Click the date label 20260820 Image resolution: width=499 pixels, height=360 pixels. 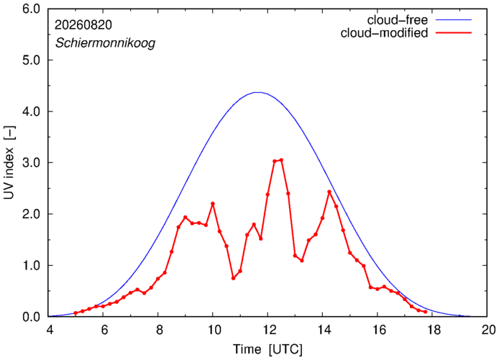(83, 25)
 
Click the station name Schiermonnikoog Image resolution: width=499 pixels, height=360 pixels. (106, 42)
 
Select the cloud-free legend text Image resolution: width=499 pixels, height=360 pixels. (397, 20)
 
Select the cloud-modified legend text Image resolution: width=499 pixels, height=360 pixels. (384, 33)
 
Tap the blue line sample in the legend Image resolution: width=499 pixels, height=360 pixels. (454, 19)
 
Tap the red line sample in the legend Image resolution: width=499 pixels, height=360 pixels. (454, 32)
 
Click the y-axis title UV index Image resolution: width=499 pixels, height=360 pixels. (9, 163)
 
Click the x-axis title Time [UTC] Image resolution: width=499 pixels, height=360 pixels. (267, 349)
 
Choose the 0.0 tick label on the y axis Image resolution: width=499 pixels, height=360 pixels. (31, 317)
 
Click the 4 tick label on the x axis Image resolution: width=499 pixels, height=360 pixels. (50, 330)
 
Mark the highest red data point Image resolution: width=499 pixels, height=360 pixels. (281, 160)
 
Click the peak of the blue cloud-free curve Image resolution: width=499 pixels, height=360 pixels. (258, 92)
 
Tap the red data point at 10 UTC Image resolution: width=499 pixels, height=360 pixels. (213, 203)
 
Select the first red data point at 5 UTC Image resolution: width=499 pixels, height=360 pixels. (75, 313)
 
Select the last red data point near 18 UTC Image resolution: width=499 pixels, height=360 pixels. (425, 312)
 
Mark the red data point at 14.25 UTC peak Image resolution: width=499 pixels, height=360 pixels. (329, 192)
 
